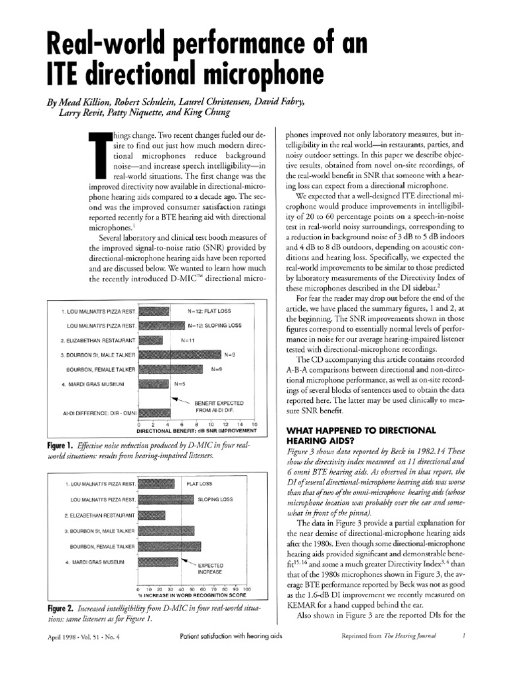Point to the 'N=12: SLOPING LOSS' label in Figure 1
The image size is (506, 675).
tap(215, 326)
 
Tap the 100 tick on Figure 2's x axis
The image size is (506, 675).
tap(246, 589)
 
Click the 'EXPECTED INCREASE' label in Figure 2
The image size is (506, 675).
tap(211, 569)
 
